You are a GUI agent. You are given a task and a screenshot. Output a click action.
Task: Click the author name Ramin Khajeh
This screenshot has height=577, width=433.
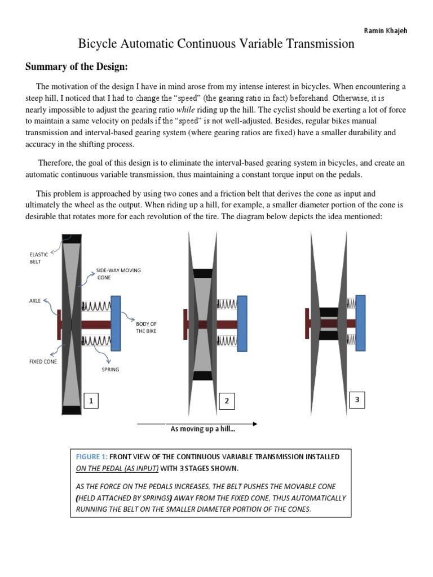coord(386,30)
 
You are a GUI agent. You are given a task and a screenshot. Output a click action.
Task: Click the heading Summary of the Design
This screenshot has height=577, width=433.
coord(77,67)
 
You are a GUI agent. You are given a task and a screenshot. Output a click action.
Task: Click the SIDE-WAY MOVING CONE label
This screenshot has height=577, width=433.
coord(118,274)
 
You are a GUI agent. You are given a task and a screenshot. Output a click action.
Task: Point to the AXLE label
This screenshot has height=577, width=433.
coord(36,301)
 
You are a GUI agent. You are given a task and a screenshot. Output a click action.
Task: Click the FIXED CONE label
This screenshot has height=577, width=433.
coord(43,361)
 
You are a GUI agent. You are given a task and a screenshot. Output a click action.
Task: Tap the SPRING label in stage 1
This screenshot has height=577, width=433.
coord(110,370)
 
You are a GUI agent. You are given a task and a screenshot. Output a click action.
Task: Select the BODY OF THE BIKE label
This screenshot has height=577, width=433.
coord(146,327)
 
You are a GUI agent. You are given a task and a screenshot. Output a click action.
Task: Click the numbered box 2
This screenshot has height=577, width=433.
coord(227,401)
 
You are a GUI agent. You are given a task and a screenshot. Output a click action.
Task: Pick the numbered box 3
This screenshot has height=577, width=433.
coord(356,400)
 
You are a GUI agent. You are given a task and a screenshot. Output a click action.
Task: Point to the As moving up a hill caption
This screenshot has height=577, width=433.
coord(202,429)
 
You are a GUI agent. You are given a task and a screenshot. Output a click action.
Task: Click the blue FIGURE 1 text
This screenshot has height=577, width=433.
coord(90,456)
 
